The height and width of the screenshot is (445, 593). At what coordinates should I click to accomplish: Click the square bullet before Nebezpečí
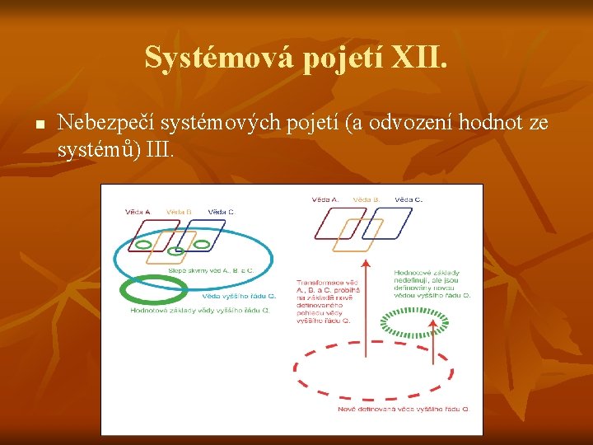[38, 124]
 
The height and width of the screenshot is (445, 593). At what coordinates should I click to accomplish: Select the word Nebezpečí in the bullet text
[106, 124]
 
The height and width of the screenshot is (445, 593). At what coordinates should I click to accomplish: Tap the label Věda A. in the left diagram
[137, 212]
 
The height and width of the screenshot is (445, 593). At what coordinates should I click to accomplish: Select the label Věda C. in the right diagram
[409, 199]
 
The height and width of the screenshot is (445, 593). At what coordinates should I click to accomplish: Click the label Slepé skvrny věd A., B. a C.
[210, 269]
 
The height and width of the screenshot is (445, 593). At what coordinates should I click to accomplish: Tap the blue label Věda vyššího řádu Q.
[234, 296]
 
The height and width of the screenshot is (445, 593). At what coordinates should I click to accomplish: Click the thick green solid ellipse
[152, 291]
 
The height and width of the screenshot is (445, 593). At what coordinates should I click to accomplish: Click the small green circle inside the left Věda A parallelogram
[143, 245]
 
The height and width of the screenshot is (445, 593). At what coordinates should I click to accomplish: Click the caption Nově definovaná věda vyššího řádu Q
[404, 409]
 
